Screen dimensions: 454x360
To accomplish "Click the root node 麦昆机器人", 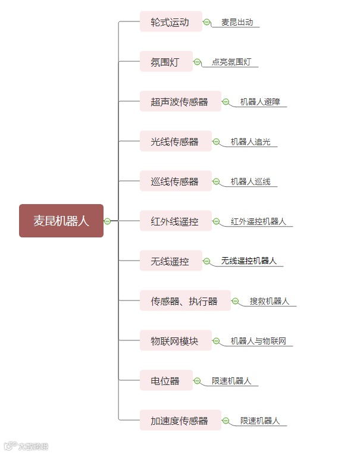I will (x=61, y=221).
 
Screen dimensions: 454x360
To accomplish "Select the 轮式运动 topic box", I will (x=171, y=23).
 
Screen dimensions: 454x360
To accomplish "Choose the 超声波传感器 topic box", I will (x=180, y=102).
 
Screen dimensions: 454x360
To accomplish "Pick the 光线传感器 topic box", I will (x=176, y=142).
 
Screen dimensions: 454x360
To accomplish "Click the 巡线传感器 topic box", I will (x=176, y=181).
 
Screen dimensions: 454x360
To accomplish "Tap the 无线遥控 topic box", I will (x=171, y=261).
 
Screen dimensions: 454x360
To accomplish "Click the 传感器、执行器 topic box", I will (x=185, y=301).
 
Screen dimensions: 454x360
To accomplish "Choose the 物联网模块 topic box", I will (x=176, y=341).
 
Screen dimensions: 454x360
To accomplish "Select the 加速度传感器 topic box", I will (x=180, y=421).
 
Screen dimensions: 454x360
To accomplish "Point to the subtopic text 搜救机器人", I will (x=270, y=301).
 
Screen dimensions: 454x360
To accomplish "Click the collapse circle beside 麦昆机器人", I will (x=107, y=221).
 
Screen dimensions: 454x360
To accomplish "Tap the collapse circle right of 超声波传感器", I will (x=226, y=102).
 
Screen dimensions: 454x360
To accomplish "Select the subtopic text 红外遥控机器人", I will (x=258, y=221).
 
